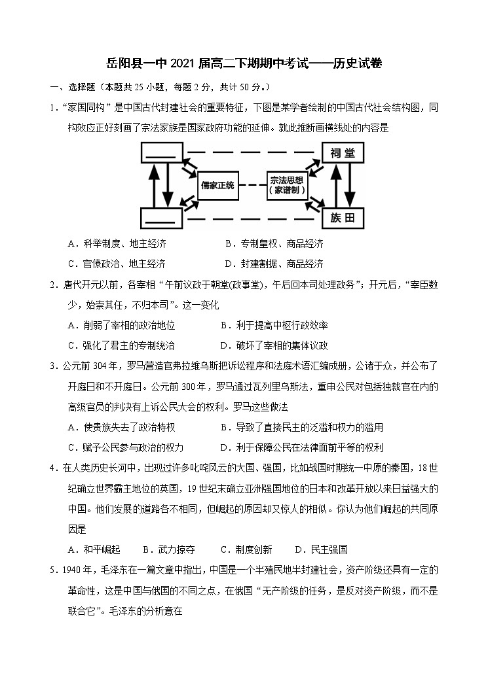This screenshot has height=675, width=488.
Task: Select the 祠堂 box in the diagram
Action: (x=343, y=154)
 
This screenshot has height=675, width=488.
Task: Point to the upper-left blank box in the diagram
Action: (x=160, y=154)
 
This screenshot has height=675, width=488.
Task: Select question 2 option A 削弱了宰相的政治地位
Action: (x=121, y=325)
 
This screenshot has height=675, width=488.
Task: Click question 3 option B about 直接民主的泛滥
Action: (x=301, y=427)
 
